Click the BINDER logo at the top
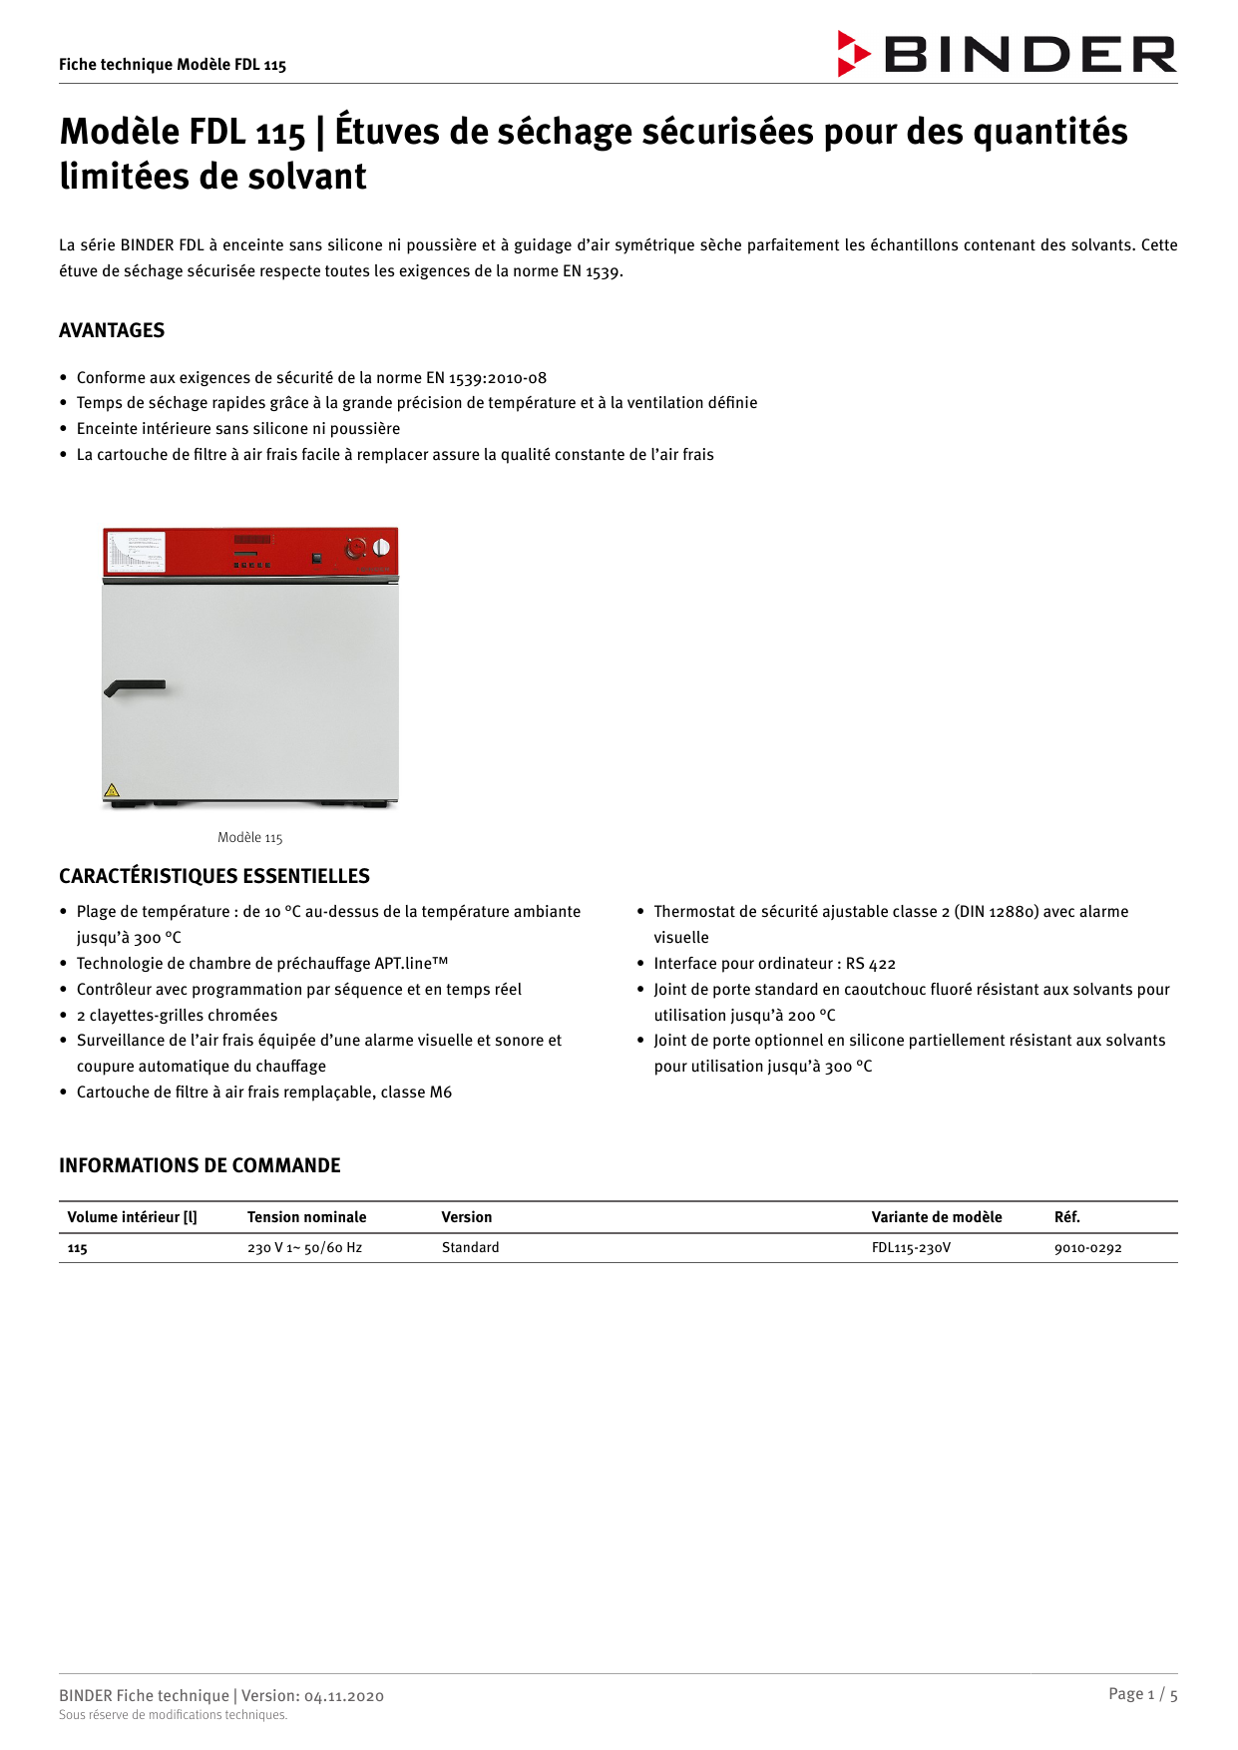click(1008, 54)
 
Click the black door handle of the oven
click(136, 687)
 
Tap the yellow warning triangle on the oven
click(112, 790)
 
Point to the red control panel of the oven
click(250, 552)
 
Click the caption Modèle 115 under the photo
click(250, 838)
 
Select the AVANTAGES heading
click(112, 330)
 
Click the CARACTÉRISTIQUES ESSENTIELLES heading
click(213, 876)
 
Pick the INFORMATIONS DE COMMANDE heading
click(200, 1165)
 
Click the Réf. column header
click(1066, 1217)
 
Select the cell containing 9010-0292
click(1087, 1248)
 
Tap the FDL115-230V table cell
click(911, 1248)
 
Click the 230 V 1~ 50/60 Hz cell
click(304, 1248)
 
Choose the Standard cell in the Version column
click(470, 1248)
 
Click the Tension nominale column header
click(306, 1217)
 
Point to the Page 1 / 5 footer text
click(1142, 1694)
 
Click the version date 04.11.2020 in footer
click(343, 1696)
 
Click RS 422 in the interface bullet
click(871, 964)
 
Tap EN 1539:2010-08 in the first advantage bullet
click(486, 378)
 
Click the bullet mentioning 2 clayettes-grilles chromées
click(177, 1016)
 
